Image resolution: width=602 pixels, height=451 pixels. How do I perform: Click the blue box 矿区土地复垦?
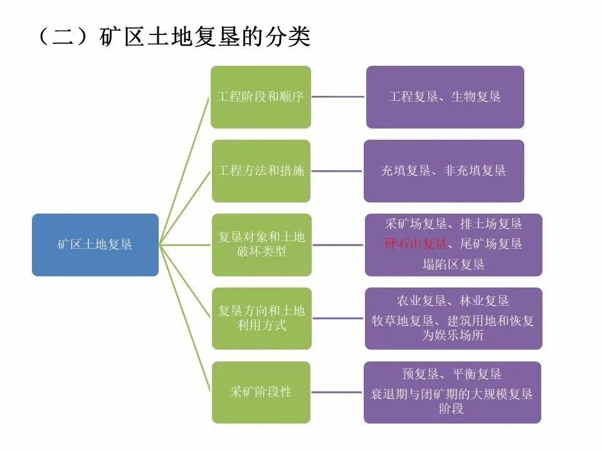[95, 245]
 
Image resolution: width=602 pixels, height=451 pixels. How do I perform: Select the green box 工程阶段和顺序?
[260, 97]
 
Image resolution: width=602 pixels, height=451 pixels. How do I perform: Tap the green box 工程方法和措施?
[260, 171]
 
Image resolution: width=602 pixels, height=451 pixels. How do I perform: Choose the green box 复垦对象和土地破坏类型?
[260, 245]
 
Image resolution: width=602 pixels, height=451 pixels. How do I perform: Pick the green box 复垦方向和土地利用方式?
[260, 318]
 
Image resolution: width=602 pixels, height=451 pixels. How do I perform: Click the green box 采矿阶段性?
[260, 392]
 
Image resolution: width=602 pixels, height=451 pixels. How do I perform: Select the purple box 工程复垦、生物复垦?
[445, 97]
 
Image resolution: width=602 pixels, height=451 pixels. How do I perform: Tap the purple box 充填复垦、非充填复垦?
[443, 171]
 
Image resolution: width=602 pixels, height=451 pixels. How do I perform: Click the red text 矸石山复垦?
[416, 244]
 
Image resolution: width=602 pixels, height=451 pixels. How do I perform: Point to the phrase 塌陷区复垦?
[453, 264]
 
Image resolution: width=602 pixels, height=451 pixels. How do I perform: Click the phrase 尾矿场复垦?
[491, 244]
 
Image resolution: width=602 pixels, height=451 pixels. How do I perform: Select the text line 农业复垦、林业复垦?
[453, 301]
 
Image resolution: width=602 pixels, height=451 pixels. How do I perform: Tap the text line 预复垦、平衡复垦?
[452, 375]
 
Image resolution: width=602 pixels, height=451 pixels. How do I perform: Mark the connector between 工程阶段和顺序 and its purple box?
[339, 97]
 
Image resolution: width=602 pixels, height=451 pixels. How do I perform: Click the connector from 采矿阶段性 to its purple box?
[337, 392]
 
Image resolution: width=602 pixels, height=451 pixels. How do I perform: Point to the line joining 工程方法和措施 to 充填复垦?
[337, 171]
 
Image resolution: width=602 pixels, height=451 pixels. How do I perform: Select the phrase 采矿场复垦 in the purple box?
[416, 224]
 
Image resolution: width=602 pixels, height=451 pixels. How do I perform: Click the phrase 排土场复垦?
[491, 224]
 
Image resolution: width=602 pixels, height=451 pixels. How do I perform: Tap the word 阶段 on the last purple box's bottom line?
[452, 409]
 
